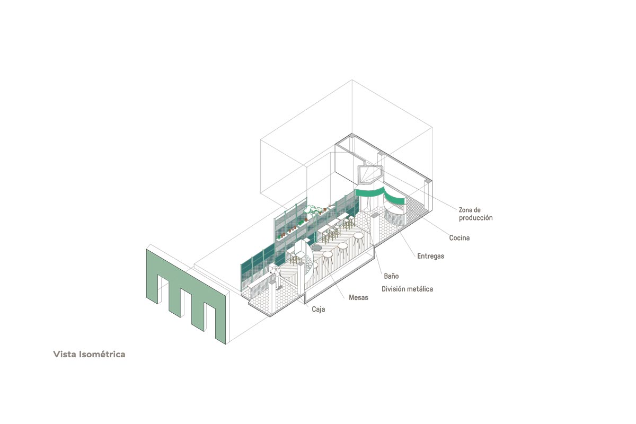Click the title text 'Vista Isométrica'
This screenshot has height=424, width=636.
89,354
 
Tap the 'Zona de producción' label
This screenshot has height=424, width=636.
475,214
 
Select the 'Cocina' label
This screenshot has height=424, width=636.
459,237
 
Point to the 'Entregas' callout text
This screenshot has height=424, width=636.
431,256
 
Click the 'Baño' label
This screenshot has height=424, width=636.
391,276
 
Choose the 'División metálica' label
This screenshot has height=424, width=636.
407,289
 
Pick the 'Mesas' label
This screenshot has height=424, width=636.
359,297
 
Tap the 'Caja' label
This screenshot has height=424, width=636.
319,309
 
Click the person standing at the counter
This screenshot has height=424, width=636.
276,277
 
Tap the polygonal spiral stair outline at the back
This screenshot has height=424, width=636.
370,174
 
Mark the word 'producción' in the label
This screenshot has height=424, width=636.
475,218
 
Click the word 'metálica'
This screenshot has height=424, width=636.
420,289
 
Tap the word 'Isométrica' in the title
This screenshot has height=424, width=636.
102,354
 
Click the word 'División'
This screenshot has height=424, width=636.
393,289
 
